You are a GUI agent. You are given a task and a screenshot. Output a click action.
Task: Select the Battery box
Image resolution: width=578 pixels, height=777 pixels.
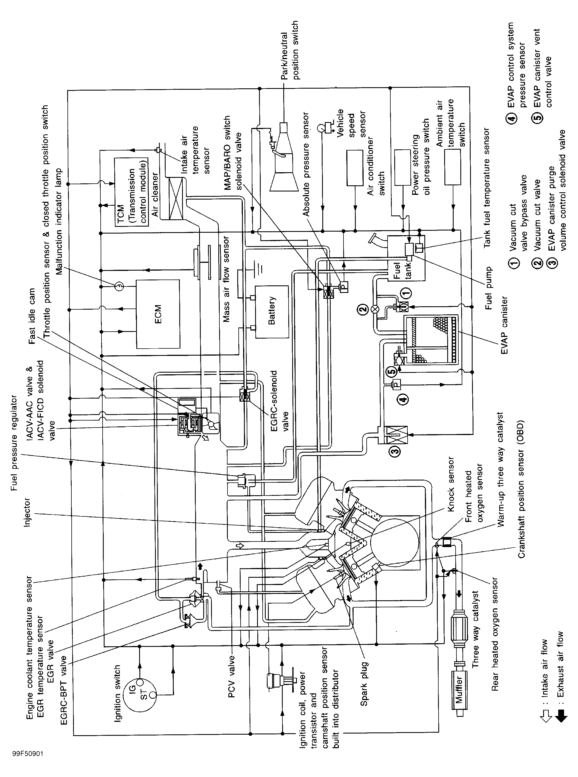(x=272, y=312)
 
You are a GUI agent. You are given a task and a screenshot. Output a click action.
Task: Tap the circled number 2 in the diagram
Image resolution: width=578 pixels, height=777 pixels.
(x=362, y=309)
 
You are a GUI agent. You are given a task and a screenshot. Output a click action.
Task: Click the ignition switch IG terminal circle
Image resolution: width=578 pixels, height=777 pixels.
(x=140, y=682)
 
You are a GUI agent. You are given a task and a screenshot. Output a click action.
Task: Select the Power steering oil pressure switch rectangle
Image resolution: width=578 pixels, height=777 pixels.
(x=402, y=167)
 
